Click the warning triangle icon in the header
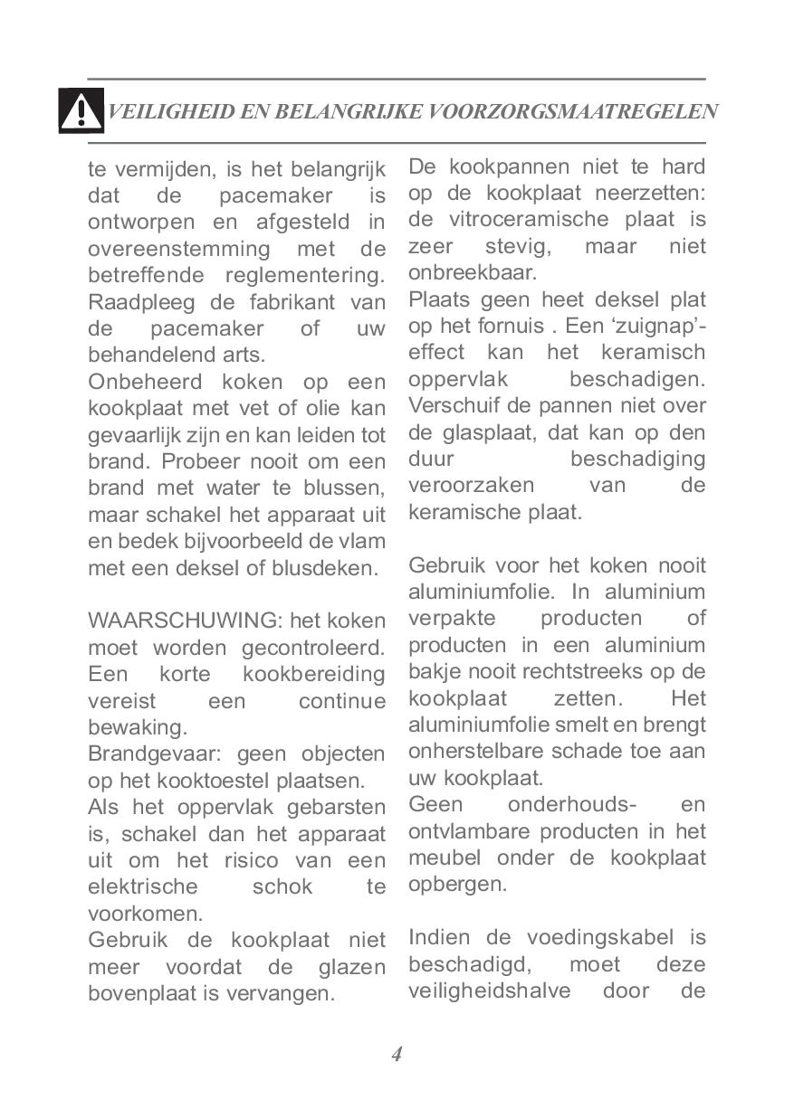pyautogui.click(x=81, y=111)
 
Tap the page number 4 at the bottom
pyautogui.click(x=397, y=1053)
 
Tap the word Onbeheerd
pyautogui.click(x=140, y=382)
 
